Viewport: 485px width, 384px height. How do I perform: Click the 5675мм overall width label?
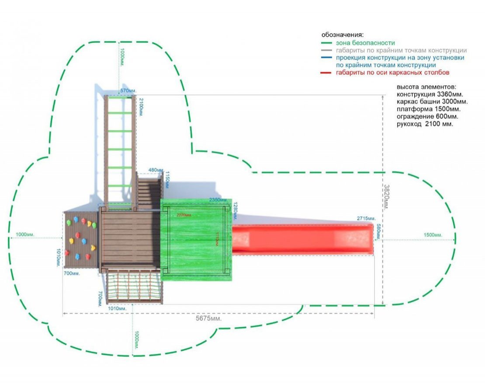coord(208,318)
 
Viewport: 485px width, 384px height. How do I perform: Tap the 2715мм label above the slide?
coord(366,218)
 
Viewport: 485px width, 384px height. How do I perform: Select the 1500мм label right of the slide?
coord(433,235)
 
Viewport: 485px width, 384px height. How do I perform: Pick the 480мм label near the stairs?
coord(156,170)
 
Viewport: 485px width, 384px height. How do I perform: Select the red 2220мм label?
coord(184,215)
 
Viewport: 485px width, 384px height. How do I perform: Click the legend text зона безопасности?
coord(365,43)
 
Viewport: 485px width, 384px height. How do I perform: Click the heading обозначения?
coord(343,35)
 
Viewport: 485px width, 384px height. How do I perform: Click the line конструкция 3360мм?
coord(430,94)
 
